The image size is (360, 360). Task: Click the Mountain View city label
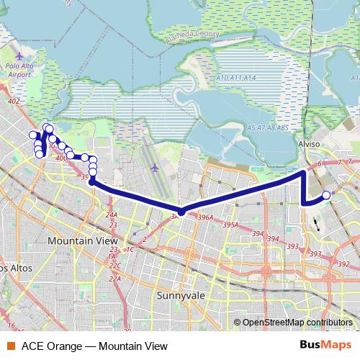pos(78,240)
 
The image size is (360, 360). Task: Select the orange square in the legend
pos(9,346)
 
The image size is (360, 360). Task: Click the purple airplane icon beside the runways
pos(155,168)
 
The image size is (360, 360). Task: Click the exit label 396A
pos(205,217)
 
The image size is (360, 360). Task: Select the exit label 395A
pos(230,225)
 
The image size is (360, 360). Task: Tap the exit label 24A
pos(111,215)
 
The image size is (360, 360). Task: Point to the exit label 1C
pos(130,249)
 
